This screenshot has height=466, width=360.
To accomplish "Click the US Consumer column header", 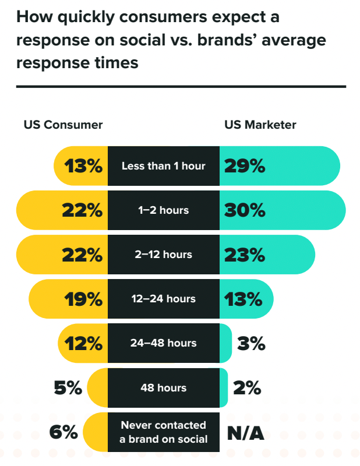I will click(63, 125).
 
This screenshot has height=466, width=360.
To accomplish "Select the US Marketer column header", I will click(260, 125).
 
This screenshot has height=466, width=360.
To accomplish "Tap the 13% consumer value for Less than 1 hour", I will click(83, 166).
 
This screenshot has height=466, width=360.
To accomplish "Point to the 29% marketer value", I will click(245, 166).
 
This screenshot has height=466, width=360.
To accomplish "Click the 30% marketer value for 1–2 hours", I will click(245, 210).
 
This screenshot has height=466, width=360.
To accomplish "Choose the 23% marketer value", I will click(245, 255).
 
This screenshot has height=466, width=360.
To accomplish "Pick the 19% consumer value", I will click(83, 299).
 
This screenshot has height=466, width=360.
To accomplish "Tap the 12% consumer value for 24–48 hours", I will click(83, 343).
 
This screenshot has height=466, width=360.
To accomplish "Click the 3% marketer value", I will click(251, 343).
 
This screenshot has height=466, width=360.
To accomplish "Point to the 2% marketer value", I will click(246, 387).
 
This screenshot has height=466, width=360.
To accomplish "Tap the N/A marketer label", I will click(245, 432).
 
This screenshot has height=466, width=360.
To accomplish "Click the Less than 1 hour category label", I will click(163, 166).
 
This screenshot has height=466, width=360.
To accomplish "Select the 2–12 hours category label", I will click(163, 255).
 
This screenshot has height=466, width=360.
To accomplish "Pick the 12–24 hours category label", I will click(163, 299).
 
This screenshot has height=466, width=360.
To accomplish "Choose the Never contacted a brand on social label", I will click(163, 432).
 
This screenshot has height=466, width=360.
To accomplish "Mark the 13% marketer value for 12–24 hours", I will click(245, 299).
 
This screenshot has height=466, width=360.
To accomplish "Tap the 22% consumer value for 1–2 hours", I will click(82, 210).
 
